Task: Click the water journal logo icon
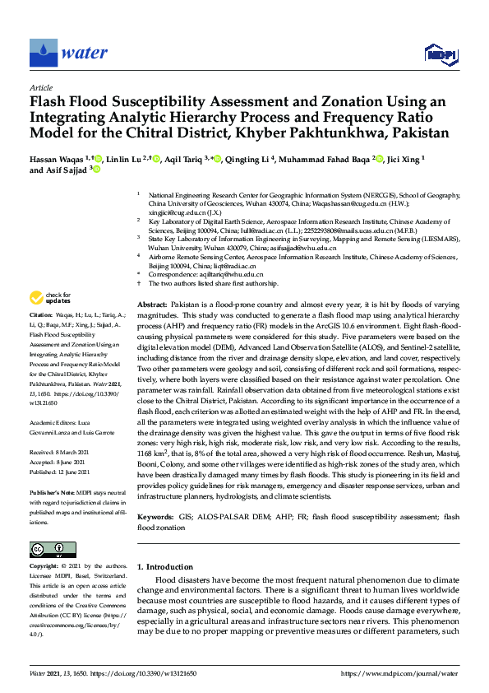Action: click(43, 53)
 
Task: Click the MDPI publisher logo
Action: click(441, 54)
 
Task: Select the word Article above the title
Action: click(41, 86)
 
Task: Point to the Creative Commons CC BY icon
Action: click(47, 549)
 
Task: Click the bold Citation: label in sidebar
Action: click(40, 315)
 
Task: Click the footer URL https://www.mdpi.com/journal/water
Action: click(399, 673)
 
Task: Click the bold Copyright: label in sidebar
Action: click(44, 567)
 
